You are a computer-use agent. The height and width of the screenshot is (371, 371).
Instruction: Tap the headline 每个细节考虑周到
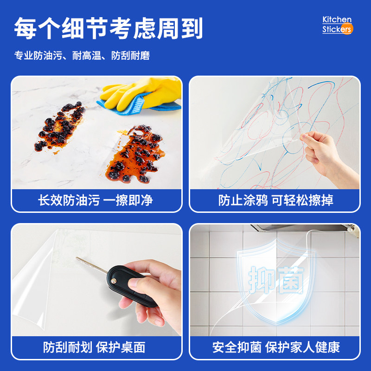[x=109, y=28]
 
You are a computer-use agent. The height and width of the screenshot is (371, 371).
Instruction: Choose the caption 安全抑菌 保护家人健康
[x=276, y=347]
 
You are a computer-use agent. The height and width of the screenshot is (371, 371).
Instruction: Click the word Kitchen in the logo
[x=337, y=20]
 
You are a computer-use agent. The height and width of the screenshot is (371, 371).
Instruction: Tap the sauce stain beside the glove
[x=137, y=153]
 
